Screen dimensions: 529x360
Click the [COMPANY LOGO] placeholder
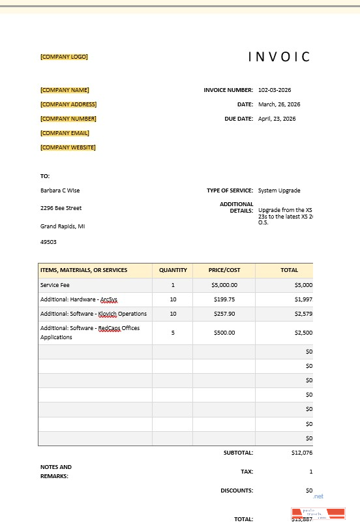point(64,57)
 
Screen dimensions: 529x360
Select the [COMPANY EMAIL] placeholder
point(65,133)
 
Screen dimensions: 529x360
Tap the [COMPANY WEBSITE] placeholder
point(68,147)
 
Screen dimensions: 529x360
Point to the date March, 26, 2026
point(279,104)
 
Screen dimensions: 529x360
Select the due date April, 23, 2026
point(277,119)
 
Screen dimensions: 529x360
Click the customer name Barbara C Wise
point(60,190)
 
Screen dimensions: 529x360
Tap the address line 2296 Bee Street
point(61,208)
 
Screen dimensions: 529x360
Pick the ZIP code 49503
point(48,242)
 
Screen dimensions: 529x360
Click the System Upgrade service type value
point(279,190)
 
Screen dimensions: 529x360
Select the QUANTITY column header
point(173,270)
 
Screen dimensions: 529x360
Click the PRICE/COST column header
point(224,270)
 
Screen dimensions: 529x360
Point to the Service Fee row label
point(55,285)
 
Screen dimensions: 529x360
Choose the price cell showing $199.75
point(224,299)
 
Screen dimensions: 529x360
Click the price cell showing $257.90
point(224,314)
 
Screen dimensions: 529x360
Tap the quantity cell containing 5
point(173,332)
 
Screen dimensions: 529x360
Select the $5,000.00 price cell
point(224,285)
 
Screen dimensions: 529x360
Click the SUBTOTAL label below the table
point(238,452)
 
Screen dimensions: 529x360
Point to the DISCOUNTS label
point(237,491)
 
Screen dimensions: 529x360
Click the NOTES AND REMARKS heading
point(56,472)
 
